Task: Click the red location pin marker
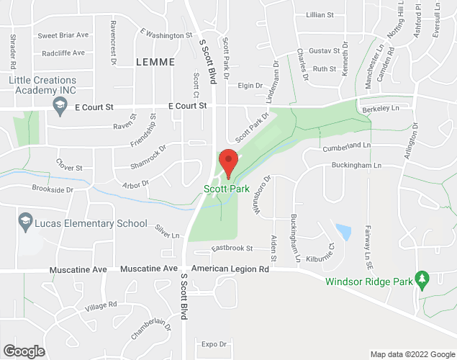pos(228,163)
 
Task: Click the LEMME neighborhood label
pos(155,63)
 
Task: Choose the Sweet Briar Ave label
pos(63,35)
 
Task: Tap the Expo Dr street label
pos(214,344)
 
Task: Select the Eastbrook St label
pos(232,248)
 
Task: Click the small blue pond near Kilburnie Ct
pos(343,233)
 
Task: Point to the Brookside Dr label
pos(53,189)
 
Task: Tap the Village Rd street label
pos(101,305)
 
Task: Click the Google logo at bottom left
pos(23,351)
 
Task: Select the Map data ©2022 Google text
pos(412,354)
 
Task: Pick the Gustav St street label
pos(324,51)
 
